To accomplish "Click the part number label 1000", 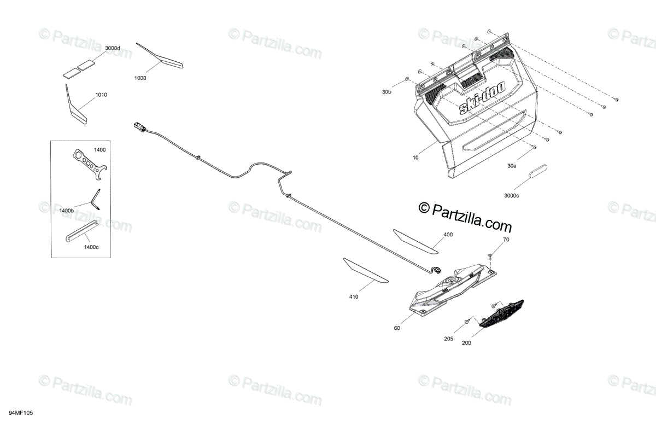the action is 140,78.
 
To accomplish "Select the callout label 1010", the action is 101,95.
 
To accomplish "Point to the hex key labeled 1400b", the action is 96,199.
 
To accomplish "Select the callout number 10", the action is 416,158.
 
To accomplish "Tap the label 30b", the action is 386,92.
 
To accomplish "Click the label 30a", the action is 512,165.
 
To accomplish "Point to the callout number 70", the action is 506,240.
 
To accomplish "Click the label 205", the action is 449,339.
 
